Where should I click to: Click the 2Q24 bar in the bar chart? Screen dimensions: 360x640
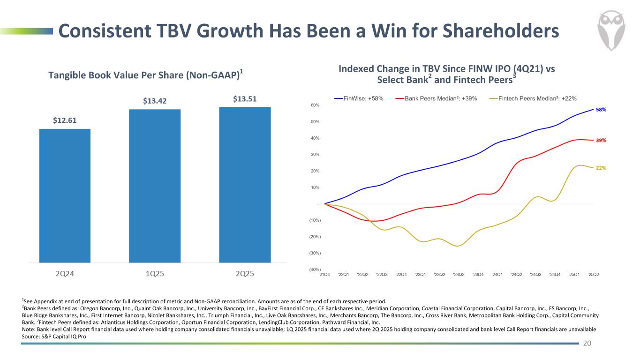coord(65,195)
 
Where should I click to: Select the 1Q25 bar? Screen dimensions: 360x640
coord(155,186)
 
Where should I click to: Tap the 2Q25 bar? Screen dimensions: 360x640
coord(245,185)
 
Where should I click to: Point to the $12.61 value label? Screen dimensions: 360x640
coord(65,120)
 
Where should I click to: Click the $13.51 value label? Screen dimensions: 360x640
coord(245,99)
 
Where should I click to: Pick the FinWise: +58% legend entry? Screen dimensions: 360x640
coord(359,98)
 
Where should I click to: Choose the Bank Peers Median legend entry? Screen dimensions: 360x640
coord(436,98)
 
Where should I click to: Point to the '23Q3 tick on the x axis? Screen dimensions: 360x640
coord(459,275)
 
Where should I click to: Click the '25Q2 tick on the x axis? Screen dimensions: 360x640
coord(593,275)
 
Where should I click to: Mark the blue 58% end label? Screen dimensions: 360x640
coord(601,110)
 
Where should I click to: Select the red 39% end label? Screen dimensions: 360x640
coord(601,140)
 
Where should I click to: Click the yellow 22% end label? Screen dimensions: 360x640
coord(601,168)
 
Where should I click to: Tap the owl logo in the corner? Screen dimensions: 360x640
coord(612,31)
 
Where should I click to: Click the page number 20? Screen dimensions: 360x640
coord(587,344)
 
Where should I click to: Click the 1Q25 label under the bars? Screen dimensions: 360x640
coord(155,274)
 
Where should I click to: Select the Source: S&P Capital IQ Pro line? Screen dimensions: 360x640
coord(54,337)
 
